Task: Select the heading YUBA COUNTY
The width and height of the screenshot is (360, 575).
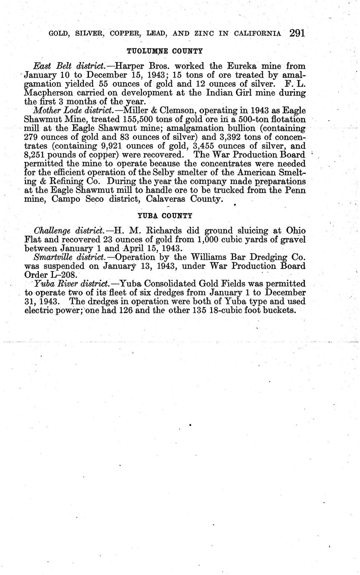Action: [x=165, y=216]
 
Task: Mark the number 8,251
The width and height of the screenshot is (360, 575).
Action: [x=35, y=155]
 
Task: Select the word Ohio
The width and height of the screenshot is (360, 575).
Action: [x=295, y=231]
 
